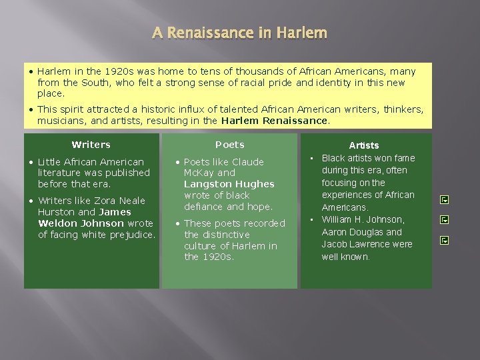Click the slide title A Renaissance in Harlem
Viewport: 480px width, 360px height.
pyautogui.click(x=239, y=33)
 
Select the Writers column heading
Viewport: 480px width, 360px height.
pyautogui.click(x=91, y=145)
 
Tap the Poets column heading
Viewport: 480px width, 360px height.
pyautogui.click(x=230, y=145)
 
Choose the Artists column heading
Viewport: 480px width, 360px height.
pyautogui.click(x=364, y=145)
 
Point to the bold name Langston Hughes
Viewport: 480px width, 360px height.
pyautogui.click(x=229, y=184)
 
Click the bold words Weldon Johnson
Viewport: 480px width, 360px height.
pyautogui.click(x=81, y=223)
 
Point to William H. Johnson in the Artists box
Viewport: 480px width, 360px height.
pyautogui.click(x=363, y=219)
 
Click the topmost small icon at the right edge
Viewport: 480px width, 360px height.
pyautogui.click(x=445, y=199)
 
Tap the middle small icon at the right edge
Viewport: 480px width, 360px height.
pyautogui.click(x=445, y=219)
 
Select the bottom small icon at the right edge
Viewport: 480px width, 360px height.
pyautogui.click(x=445, y=240)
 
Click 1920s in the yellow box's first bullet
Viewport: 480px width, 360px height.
pyautogui.click(x=100, y=71)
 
